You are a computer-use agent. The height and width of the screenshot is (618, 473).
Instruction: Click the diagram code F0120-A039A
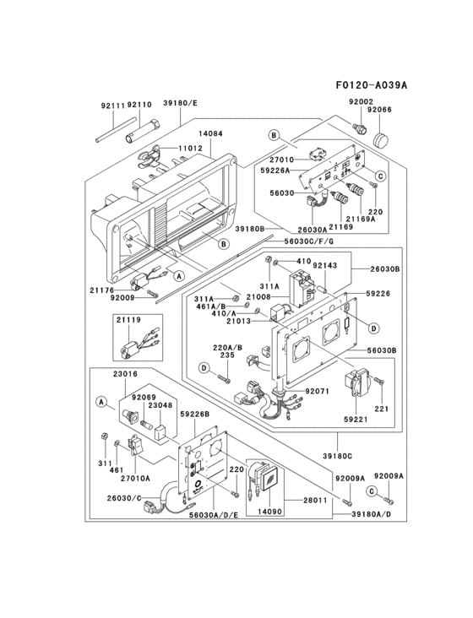tap(371, 85)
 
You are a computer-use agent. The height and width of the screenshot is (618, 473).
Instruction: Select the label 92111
tap(112, 105)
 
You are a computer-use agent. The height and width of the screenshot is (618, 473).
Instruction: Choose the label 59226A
tap(276, 170)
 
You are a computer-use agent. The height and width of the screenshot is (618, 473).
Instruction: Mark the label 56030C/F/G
tap(310, 241)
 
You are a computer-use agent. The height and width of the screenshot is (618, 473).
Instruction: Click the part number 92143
tap(326, 264)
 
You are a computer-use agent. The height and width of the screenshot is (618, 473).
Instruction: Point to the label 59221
tap(356, 417)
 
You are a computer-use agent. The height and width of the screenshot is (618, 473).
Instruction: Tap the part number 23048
tap(160, 404)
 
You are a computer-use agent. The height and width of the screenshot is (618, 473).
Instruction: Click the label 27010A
tap(135, 477)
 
